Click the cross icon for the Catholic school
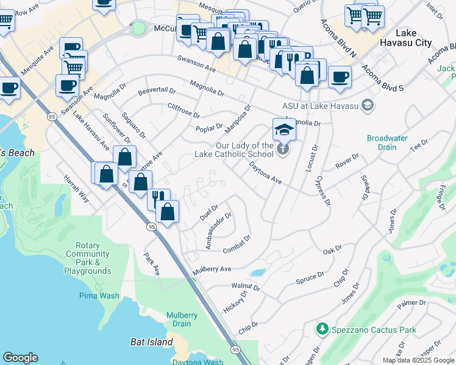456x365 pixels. [282, 149]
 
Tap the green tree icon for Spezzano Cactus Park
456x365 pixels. [322, 329]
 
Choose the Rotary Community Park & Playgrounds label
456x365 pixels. [88, 262]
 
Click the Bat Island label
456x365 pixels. [152, 342]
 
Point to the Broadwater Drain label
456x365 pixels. [387, 142]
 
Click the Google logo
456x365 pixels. [20, 358]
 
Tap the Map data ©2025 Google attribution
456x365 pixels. [418, 360]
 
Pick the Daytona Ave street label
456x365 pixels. [266, 173]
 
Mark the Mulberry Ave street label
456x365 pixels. [212, 269]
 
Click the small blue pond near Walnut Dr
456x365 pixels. [257, 273]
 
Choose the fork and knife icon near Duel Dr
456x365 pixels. [157, 196]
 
